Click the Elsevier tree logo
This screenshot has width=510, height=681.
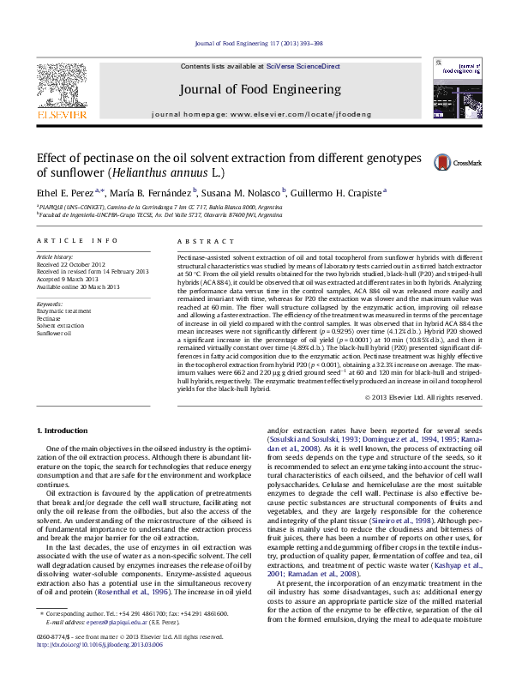click(61, 87)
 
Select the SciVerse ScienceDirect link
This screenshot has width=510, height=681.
click(303, 66)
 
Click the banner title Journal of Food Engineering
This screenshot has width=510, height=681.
click(260, 89)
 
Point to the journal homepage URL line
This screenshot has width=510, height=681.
click(260, 113)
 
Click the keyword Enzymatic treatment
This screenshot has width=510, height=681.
click(63, 311)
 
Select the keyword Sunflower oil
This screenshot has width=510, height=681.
click(53, 332)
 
